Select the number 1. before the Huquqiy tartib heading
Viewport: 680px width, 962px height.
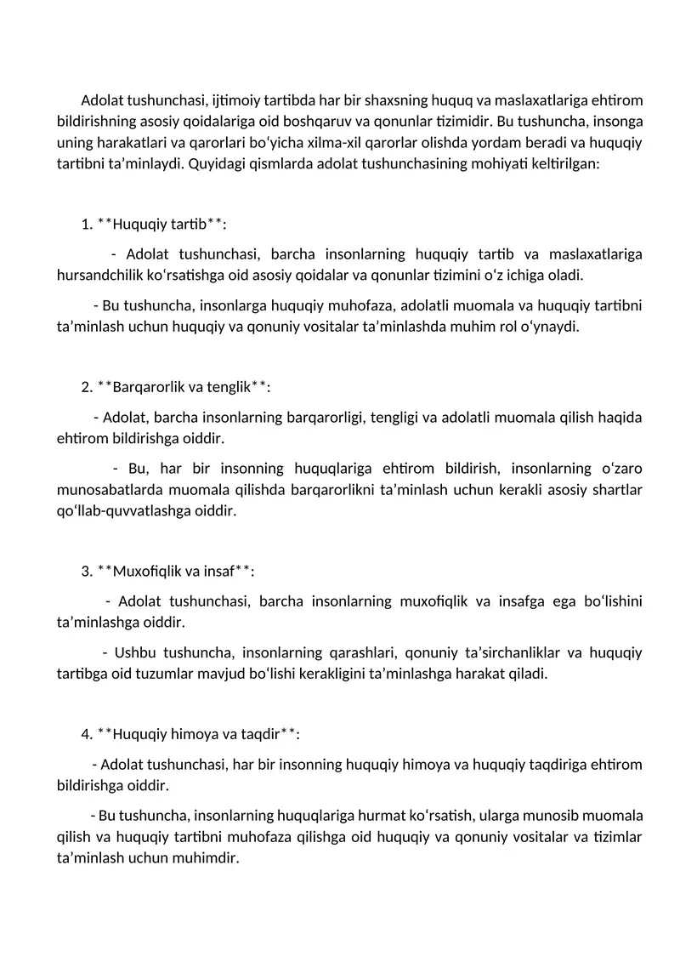(87, 225)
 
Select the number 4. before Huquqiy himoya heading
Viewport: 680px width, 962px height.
(87, 734)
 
